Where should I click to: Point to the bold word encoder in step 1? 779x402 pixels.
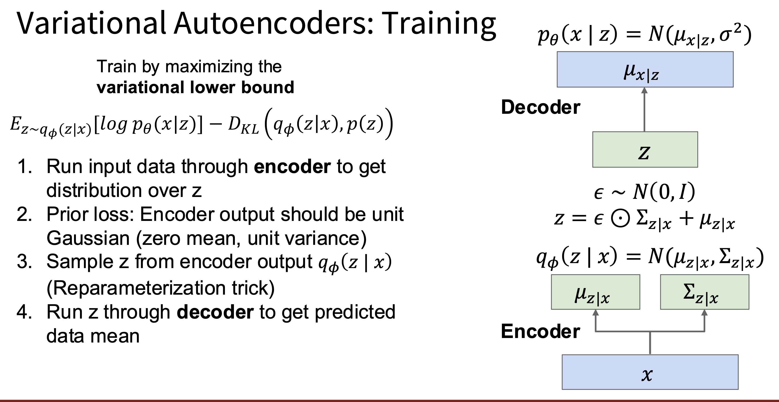[292, 167]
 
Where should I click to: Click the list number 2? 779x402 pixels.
[24, 214]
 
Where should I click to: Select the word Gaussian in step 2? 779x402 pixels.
[88, 238]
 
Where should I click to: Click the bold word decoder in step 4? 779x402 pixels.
[215, 312]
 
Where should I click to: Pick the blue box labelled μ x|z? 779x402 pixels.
[645, 69]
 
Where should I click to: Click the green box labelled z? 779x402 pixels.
[645, 149]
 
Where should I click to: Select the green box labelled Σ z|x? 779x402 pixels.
[705, 292]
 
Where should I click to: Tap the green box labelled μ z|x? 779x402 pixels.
[595, 292]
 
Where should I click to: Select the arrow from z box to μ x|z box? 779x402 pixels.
[645, 110]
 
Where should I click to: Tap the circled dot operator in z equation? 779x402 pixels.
[621, 218]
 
